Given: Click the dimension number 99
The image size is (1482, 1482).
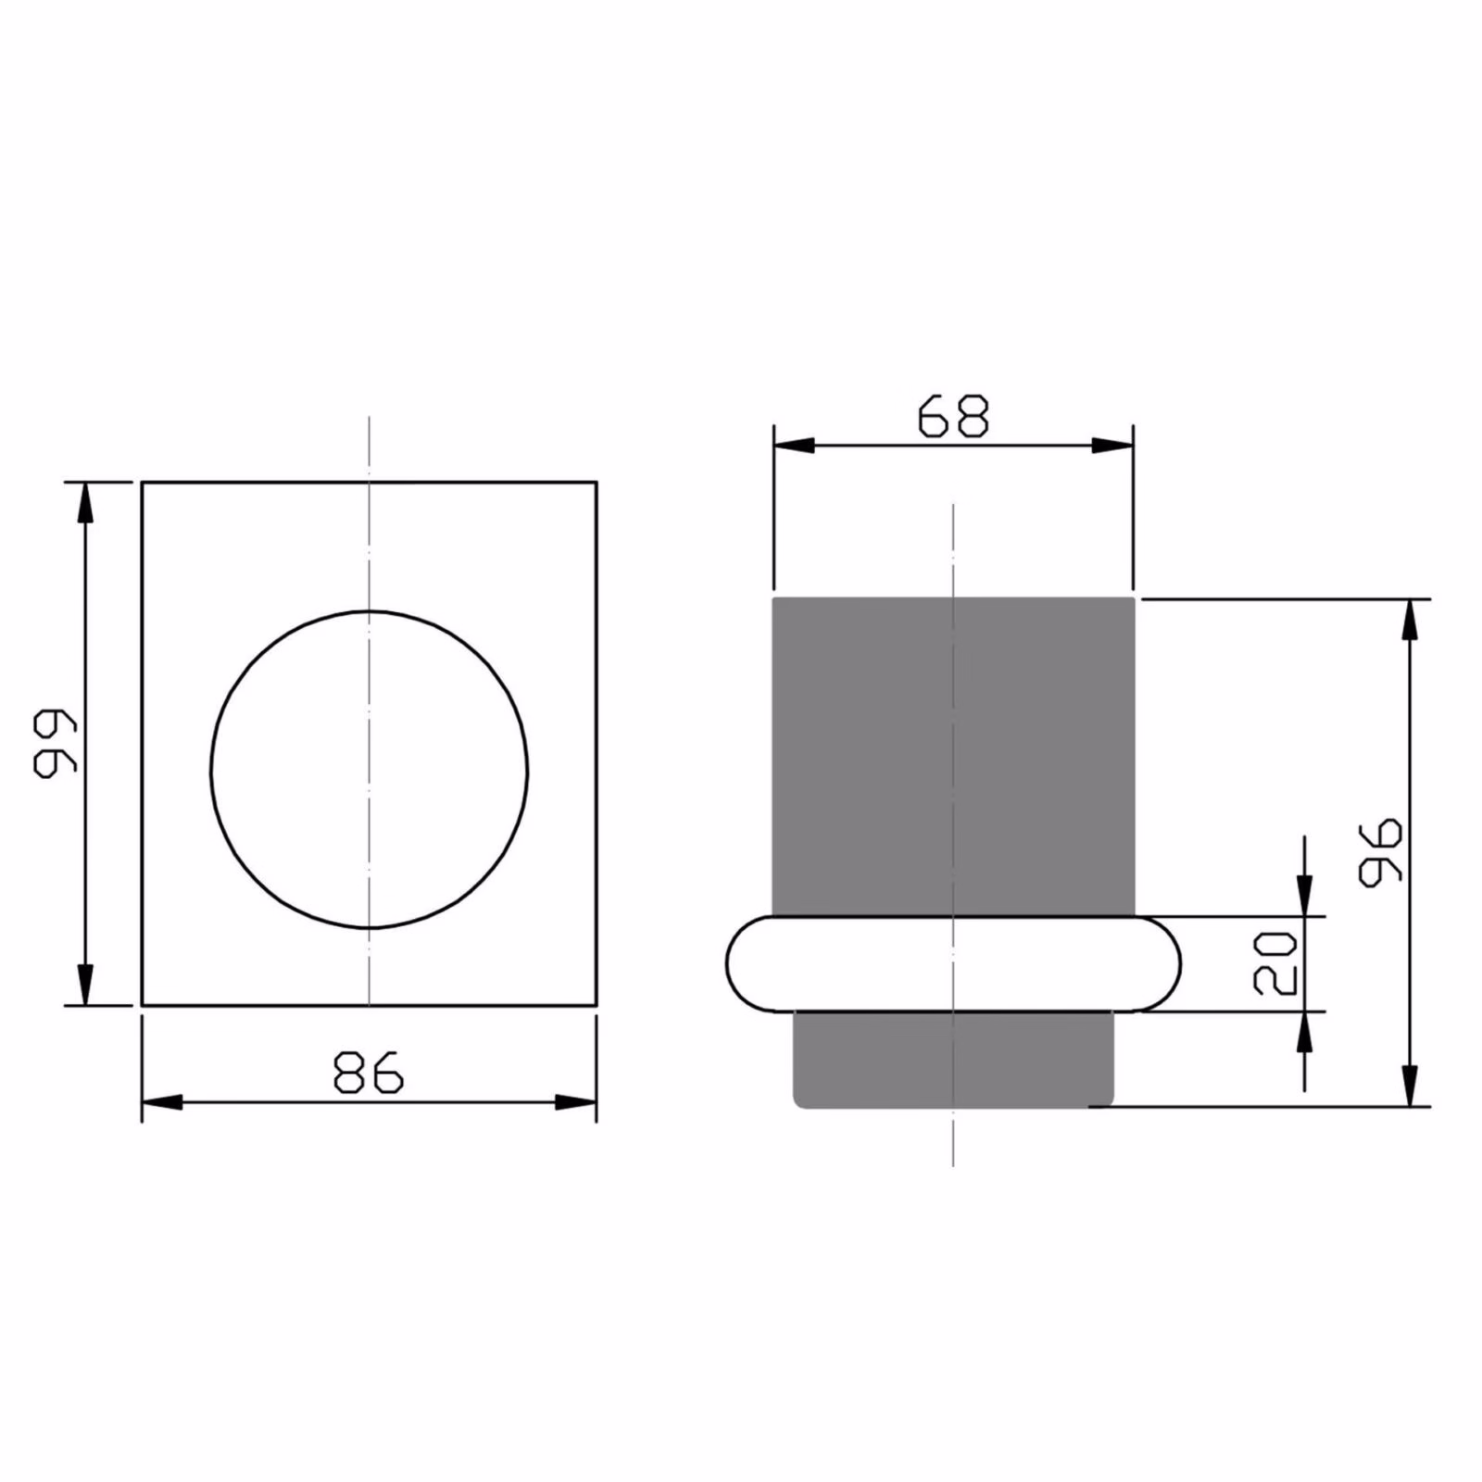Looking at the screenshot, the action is [x=54, y=743].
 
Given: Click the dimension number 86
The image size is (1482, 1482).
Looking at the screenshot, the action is [x=369, y=1072].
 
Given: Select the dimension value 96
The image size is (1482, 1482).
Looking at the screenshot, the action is [x=1380, y=852].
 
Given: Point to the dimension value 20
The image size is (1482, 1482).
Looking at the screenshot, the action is [x=1275, y=963].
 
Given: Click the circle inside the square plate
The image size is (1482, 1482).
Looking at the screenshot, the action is [x=211, y=769].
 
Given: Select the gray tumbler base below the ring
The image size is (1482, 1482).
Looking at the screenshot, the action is [x=953, y=1059].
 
